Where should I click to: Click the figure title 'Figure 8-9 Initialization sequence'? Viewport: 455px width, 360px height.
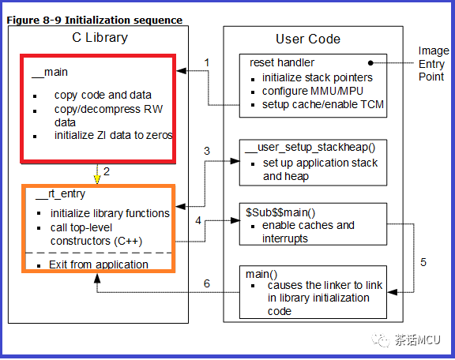click(x=94, y=20)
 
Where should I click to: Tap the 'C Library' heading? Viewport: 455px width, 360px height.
click(x=100, y=38)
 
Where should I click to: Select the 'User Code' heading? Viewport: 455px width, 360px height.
click(x=308, y=39)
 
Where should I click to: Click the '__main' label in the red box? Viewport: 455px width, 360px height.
click(x=50, y=72)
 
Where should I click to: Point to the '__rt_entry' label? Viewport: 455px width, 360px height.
click(x=60, y=194)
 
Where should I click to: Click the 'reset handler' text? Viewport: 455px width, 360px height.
click(x=282, y=62)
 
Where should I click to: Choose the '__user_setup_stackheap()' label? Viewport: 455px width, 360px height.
click(x=310, y=148)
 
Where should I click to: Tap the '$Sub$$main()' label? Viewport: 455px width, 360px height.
click(x=280, y=212)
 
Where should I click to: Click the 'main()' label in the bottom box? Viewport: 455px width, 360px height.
click(x=261, y=274)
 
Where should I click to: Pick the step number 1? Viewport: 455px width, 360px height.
click(x=207, y=62)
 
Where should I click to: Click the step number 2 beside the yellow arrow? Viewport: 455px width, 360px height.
click(x=107, y=171)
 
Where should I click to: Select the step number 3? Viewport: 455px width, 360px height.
click(x=207, y=151)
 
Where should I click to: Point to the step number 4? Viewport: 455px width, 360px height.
click(x=198, y=220)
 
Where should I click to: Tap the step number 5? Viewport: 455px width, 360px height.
click(x=423, y=262)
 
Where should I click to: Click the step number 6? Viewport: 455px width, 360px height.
click(x=207, y=283)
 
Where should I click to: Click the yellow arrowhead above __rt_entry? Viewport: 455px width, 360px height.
click(x=97, y=179)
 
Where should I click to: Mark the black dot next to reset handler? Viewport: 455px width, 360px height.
click(x=370, y=62)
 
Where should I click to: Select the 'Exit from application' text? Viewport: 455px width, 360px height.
click(x=99, y=264)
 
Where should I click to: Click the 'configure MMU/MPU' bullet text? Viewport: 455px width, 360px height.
click(x=313, y=91)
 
